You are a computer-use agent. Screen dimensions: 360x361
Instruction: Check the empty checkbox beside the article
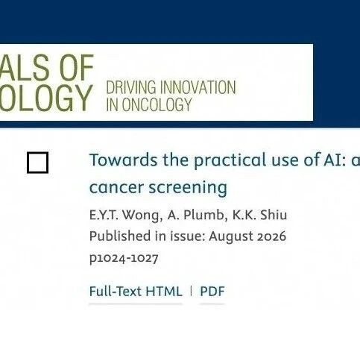37,163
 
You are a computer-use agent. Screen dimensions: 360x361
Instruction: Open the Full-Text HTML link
136,291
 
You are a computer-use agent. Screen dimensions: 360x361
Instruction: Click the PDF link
212,292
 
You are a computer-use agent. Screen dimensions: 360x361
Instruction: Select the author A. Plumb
196,215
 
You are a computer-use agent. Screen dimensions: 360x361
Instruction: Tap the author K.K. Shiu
259,215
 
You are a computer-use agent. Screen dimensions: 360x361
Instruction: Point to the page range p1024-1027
124,258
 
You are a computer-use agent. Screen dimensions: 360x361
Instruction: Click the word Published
120,236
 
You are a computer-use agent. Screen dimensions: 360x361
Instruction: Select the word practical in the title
230,160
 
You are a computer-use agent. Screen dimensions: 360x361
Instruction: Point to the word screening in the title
188,188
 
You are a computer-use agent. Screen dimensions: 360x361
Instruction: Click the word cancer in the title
116,188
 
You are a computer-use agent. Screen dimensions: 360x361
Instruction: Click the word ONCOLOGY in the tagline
157,104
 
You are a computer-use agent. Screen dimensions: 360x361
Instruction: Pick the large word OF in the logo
76,68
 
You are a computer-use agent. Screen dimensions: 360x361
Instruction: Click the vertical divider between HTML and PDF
191,291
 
